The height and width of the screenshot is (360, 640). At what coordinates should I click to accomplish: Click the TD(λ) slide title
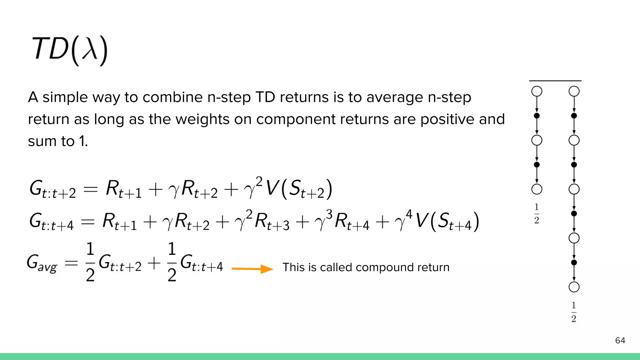coord(70,50)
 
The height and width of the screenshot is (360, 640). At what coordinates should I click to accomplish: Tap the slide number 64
coord(620,340)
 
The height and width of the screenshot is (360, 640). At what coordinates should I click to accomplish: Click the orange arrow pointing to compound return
coord(252,269)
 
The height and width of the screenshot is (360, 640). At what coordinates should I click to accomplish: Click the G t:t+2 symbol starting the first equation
coord(52,190)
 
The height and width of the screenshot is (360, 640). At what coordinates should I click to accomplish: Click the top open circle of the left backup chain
coord(537,92)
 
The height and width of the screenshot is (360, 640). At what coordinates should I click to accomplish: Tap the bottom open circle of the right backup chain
coord(574,287)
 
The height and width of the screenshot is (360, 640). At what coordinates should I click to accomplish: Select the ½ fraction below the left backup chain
coord(537,213)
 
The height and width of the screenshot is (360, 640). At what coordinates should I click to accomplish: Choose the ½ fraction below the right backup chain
coord(574,312)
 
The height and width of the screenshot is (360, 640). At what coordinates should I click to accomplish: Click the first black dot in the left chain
coord(537,116)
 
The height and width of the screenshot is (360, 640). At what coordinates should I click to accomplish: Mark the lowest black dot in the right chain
coord(574,262)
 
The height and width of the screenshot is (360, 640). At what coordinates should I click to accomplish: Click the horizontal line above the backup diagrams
coord(555,81)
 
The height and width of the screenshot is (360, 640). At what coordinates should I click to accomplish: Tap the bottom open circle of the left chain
coord(537,189)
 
